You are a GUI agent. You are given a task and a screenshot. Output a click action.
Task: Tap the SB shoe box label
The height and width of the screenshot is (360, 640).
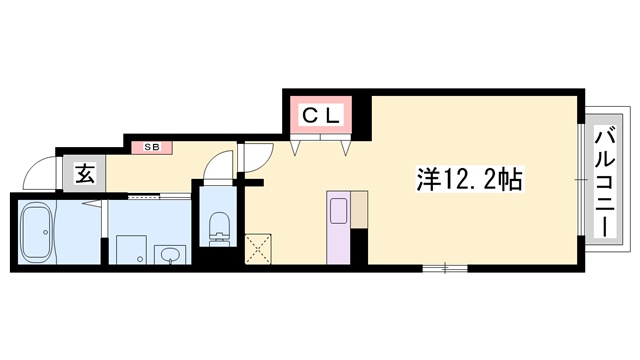click(153, 147)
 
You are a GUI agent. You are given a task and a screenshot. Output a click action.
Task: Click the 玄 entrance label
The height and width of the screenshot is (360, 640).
click(85, 174)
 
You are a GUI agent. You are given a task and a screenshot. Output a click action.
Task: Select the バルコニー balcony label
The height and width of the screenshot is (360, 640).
click(606, 177)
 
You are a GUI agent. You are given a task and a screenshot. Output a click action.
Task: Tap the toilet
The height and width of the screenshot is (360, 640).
click(216, 227)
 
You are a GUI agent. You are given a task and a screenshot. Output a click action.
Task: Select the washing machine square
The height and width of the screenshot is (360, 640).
click(129, 250)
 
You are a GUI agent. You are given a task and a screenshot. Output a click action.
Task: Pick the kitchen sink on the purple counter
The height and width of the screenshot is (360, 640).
click(337, 211)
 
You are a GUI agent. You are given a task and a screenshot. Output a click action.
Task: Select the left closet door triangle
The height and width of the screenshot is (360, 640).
click(297, 146)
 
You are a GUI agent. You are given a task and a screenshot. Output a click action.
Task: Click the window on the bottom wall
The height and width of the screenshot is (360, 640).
click(444, 268)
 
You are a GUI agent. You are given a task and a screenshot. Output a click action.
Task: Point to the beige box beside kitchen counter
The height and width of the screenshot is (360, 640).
click(358, 207)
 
